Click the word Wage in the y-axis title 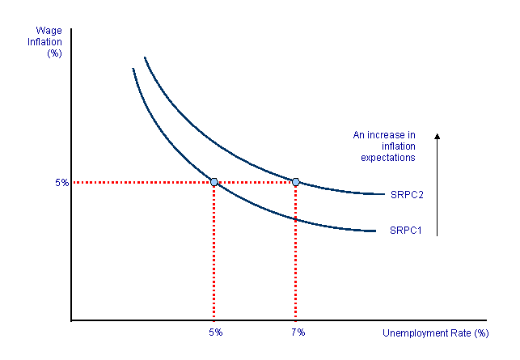49,31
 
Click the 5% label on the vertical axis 62,182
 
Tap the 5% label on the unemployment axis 215,332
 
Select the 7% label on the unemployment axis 297,332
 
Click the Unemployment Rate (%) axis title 435,332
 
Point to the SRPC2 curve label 407,195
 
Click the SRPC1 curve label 407,231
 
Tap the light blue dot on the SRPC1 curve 214,182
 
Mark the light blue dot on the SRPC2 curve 295,182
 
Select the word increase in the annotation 387,135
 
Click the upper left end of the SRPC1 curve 133,70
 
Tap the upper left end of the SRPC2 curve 145,58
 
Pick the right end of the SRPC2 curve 383,194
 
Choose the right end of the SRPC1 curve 376,231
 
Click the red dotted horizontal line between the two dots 255,182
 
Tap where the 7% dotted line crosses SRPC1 295,218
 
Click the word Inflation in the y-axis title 46,42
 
